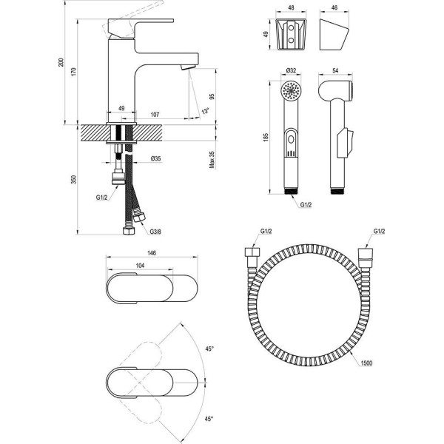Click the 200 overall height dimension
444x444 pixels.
point(61,62)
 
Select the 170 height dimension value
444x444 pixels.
point(73,72)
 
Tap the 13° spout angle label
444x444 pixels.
point(205,111)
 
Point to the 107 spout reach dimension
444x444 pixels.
point(155,115)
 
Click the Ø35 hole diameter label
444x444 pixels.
point(155,158)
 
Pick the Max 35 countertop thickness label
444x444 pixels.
point(212,160)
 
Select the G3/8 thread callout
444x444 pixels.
point(155,232)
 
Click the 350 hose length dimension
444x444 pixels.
point(73,180)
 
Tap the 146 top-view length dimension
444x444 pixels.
point(152,253)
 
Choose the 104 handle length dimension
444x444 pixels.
point(140,266)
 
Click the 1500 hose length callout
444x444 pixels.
point(367,363)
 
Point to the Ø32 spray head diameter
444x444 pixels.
point(291,70)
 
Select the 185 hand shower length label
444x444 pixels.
point(266,138)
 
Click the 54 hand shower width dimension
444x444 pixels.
point(335,70)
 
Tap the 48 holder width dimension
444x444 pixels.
point(291,7)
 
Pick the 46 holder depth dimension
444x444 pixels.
point(334,7)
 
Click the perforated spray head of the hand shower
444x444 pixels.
point(291,90)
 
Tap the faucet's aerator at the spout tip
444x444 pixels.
point(188,67)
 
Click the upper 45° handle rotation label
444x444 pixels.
point(209,349)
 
